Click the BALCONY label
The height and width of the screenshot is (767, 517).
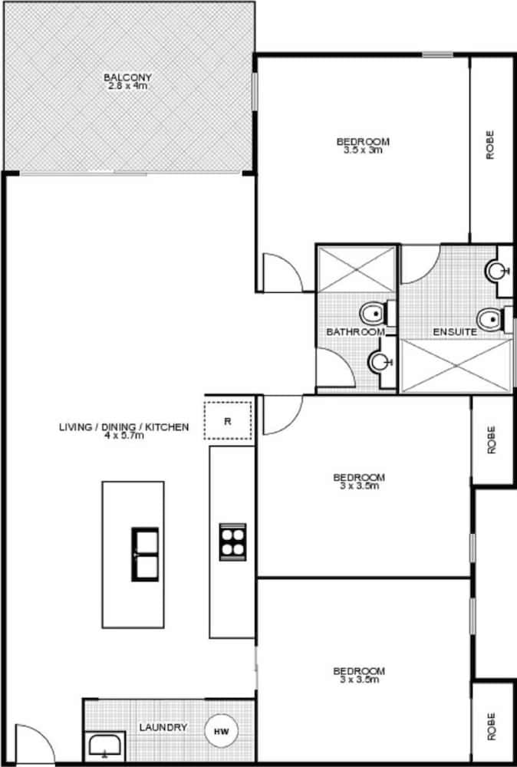tap(128, 77)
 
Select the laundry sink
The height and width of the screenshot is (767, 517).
tap(104, 745)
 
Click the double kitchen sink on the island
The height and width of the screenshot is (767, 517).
tap(144, 554)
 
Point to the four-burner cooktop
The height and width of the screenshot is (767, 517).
tap(232, 542)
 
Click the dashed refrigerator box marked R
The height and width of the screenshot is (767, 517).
tap(228, 420)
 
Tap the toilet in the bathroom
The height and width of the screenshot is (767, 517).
tap(374, 313)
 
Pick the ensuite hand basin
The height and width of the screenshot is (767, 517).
tap(498, 271)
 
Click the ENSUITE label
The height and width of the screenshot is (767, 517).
tap(456, 332)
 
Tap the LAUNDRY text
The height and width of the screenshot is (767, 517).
tap(163, 727)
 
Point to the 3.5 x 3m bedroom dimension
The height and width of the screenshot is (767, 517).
tap(363, 150)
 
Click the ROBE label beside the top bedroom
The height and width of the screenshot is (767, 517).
tap(490, 145)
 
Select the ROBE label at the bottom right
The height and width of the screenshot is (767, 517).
tap(490, 726)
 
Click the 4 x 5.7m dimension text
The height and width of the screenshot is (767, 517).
tap(123, 436)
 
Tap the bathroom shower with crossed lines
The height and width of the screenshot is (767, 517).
tap(357, 269)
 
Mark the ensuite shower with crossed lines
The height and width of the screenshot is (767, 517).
tap(456, 365)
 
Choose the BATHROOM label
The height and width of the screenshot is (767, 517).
tap(355, 332)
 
